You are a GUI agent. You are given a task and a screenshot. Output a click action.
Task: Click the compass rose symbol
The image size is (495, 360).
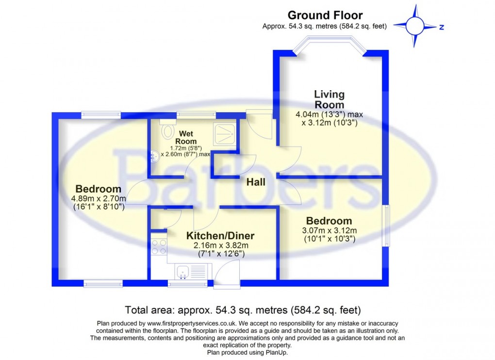tap(415, 26)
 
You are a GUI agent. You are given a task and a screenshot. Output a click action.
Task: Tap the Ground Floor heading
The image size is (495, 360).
tap(325, 16)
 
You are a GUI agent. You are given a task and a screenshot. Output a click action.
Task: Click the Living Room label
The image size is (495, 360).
tap(329, 99)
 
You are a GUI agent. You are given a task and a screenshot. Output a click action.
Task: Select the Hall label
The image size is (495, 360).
tap(256, 182)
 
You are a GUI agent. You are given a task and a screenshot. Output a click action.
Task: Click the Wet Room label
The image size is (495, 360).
tap(187, 137)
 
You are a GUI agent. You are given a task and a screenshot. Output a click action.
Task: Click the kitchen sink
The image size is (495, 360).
tap(183, 272)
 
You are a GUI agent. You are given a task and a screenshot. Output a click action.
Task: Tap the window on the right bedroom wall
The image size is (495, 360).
tap(387, 226)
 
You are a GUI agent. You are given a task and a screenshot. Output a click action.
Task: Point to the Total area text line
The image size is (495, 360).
tap(243, 310)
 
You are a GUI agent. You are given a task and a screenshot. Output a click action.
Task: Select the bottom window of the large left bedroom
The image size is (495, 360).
tap(103, 283)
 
